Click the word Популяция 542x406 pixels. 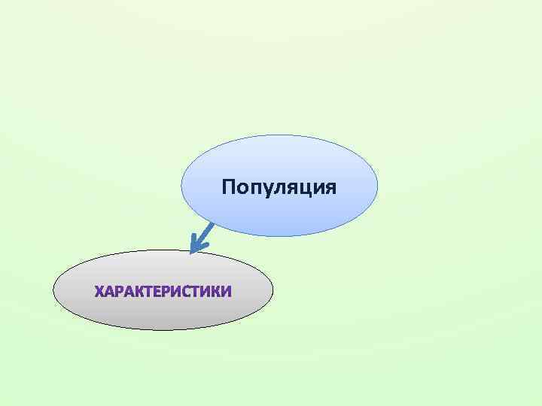pos(279,186)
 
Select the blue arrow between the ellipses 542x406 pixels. pos(203,237)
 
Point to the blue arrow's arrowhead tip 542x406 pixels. pos(193,251)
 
